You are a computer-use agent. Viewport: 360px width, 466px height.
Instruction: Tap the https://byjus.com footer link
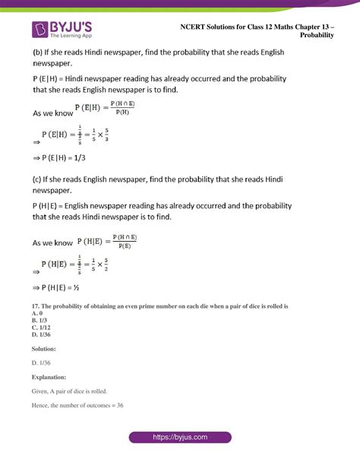[179, 439]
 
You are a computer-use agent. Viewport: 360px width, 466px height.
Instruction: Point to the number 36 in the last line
[119, 405]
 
